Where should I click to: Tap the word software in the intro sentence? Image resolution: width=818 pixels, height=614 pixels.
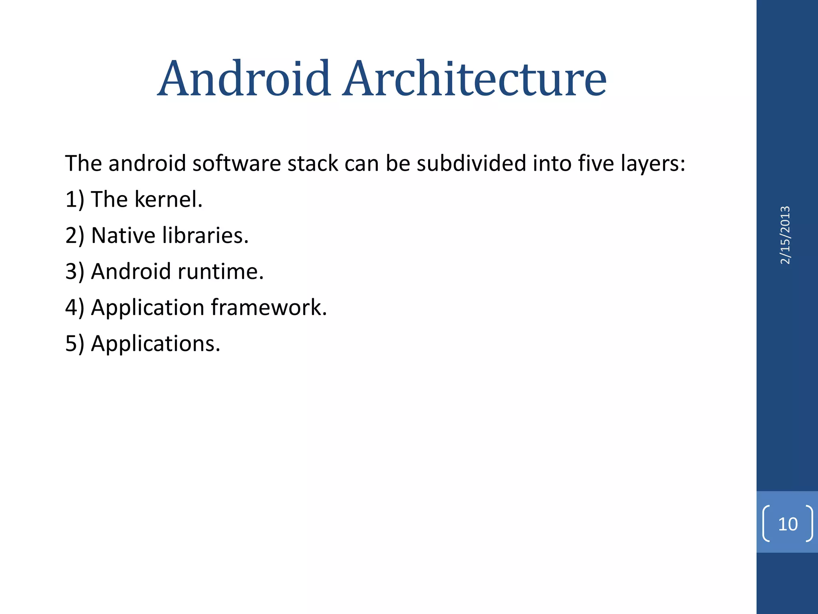236,163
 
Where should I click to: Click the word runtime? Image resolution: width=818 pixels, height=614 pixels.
220,271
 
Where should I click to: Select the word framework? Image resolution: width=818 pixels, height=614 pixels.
269,307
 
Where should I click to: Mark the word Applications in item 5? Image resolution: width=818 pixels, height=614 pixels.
156,344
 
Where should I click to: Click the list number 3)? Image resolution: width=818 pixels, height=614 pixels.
75,272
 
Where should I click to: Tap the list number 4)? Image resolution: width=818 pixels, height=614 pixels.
75,308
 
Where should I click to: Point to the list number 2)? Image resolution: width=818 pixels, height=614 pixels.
75,235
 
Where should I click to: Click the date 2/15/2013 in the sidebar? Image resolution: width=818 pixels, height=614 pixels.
785,235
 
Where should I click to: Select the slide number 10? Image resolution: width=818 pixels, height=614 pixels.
788,524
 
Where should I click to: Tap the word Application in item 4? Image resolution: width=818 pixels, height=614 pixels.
148,308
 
